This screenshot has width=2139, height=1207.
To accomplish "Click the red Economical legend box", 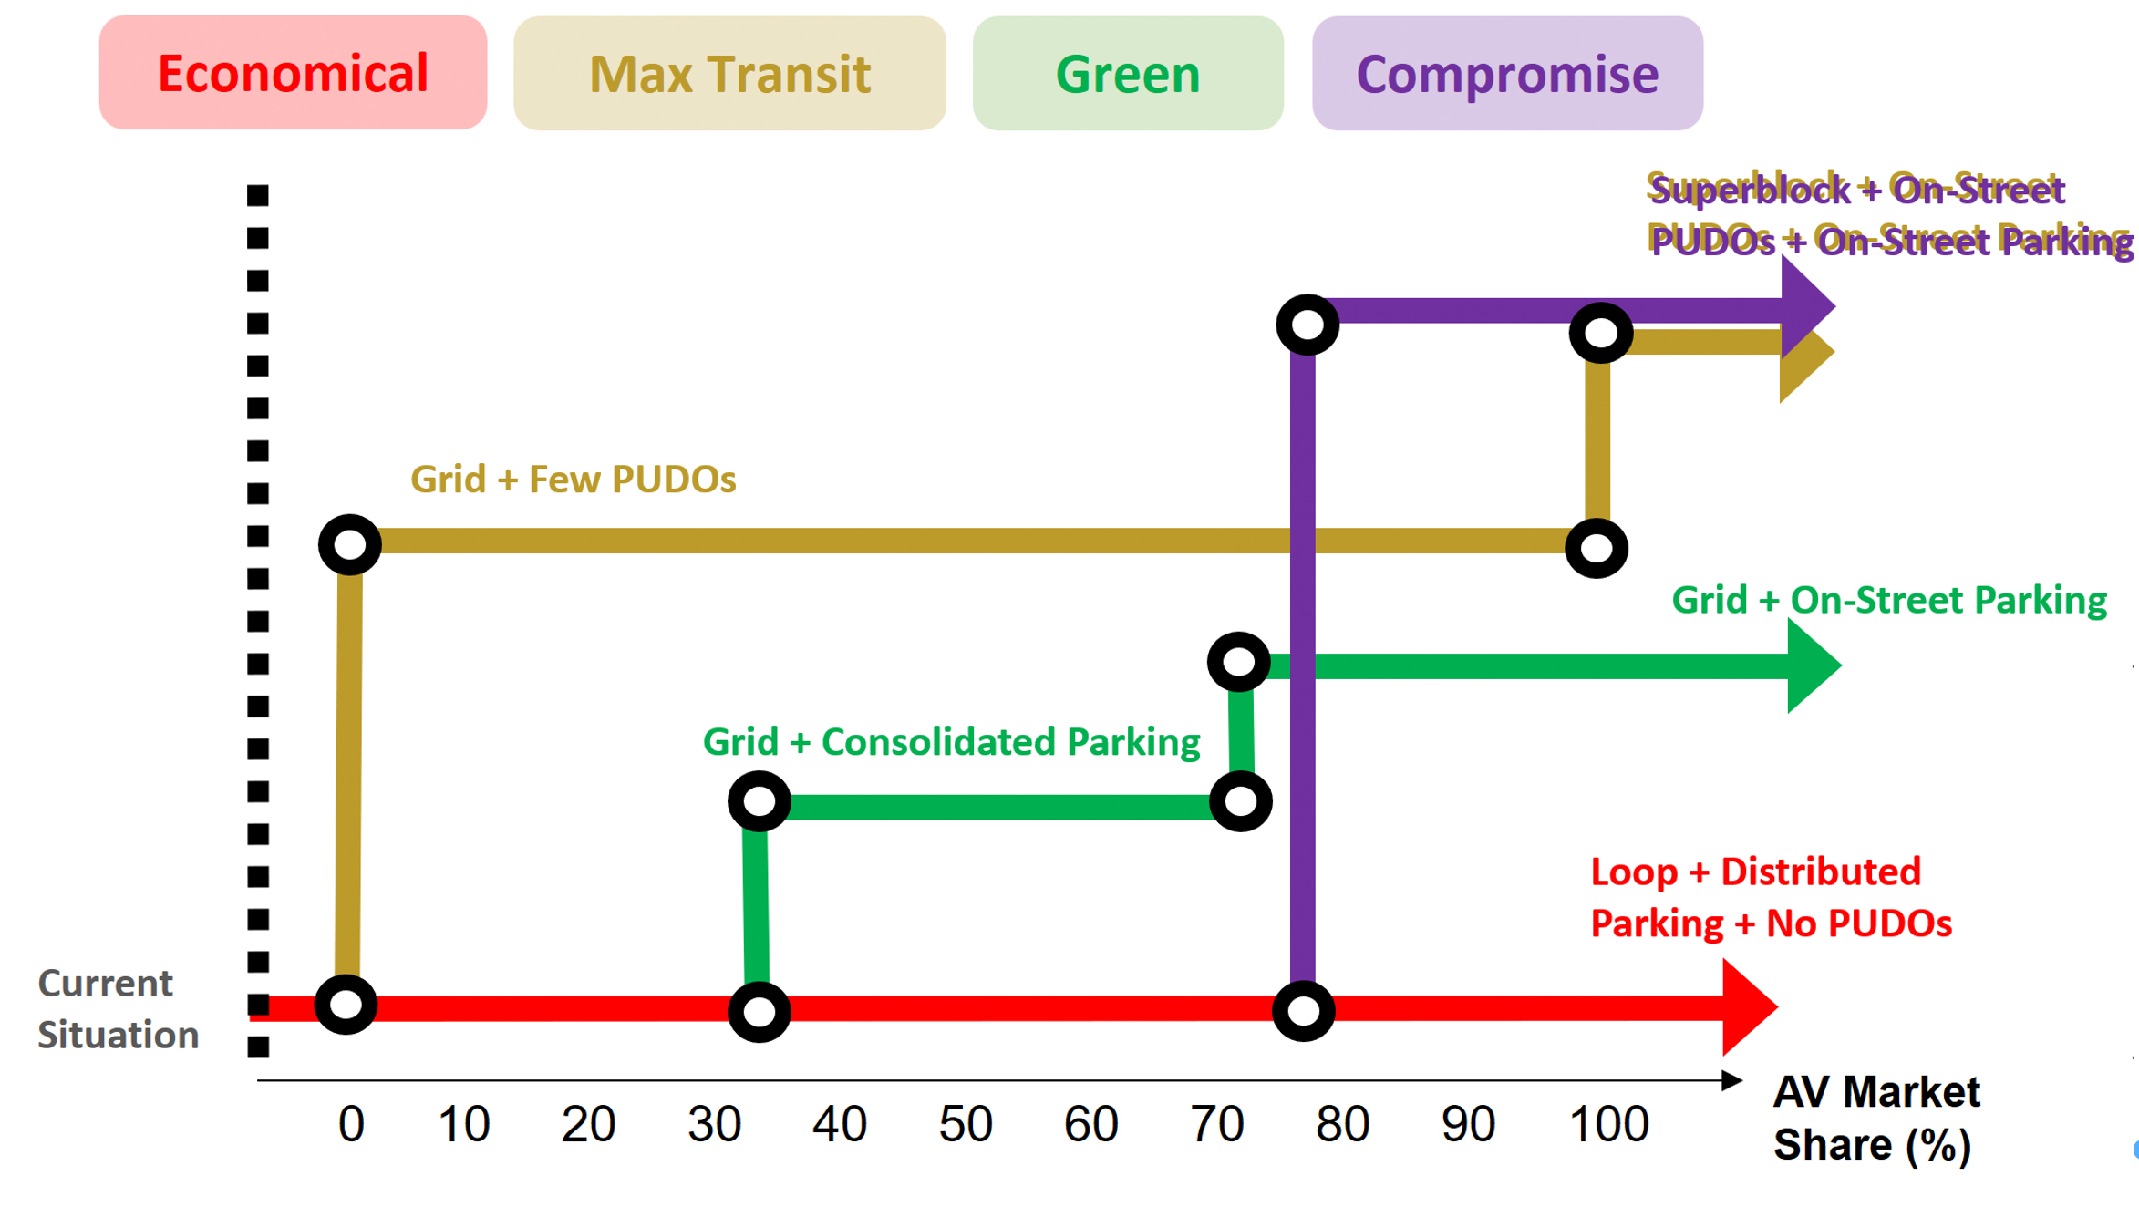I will coord(293,73).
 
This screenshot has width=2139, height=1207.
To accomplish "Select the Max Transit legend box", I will coord(729,73).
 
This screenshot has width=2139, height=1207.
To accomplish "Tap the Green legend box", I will coord(1128,73).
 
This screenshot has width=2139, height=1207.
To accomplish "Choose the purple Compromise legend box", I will coord(1507,73).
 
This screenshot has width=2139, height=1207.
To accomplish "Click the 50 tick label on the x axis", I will coord(965,1124).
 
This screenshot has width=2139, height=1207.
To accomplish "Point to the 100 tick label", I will coord(1608,1124).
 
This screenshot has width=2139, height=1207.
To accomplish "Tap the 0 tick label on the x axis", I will coord(351,1124).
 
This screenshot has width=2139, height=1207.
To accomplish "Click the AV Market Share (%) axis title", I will coord(1876,1118).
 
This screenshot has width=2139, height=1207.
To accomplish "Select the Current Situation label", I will coord(118,1009).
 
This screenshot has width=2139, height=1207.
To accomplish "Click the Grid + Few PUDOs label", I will coord(573,480).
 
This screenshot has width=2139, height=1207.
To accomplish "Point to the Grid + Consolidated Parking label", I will coord(951,742).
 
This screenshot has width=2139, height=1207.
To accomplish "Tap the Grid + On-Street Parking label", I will coord(1889,600).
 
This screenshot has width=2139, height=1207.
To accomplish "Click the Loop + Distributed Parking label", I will coord(1771,898).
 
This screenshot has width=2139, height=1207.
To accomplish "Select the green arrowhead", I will coord(1812,665).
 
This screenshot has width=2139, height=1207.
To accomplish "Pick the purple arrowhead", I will coord(1805,306).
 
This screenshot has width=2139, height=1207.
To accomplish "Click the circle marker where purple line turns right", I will coord(1307,325).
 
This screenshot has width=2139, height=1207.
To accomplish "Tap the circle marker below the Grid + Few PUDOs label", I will coord(350,545).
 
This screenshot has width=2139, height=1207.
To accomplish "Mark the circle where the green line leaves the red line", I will coord(759,1011).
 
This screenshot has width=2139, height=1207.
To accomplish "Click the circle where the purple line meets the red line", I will coord(1304,1010).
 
